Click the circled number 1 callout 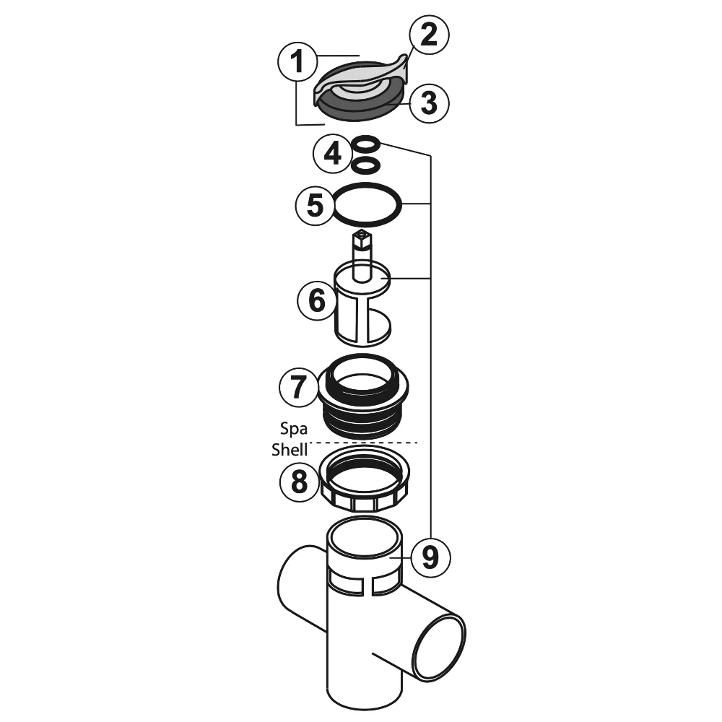coord(296,64)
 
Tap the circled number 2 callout coord(429,35)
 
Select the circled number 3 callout coord(429,103)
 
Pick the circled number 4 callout coord(333,154)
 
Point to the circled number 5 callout coord(316,206)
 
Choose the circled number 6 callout coord(317,300)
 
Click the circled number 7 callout coord(298,388)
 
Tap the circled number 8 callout coord(299,482)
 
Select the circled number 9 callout coord(429,557)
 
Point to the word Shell coord(290,449)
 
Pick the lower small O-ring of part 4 coord(366,165)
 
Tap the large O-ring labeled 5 coord(367,206)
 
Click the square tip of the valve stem coord(360,237)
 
